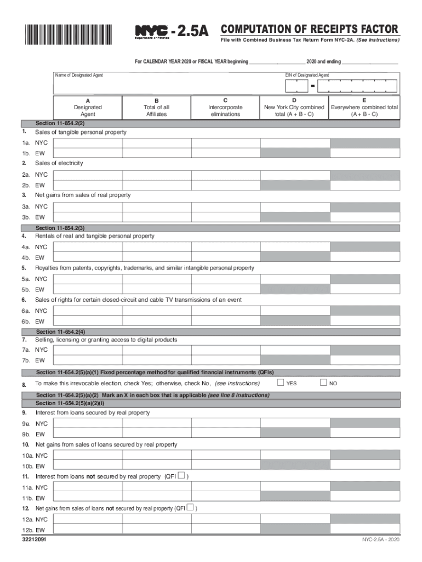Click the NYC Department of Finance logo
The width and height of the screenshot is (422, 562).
(x=153, y=32)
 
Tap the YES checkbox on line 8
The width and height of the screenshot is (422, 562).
(x=280, y=383)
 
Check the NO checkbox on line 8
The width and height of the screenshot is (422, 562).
(x=323, y=383)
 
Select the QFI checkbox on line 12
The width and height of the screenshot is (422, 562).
(x=190, y=507)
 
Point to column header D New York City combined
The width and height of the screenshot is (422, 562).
(x=294, y=107)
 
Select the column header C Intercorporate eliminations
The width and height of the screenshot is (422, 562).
(x=225, y=107)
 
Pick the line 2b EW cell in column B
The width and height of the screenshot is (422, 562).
(x=156, y=185)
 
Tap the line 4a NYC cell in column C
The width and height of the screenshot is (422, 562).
(x=225, y=247)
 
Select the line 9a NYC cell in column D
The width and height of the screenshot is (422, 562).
(x=294, y=424)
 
